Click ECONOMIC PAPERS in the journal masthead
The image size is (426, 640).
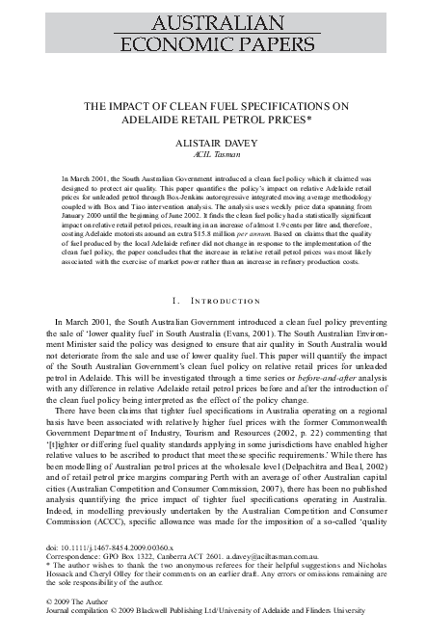pos(212,41)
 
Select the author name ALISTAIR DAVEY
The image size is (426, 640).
pos(212,141)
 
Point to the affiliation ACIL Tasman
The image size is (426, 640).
pos(212,153)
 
